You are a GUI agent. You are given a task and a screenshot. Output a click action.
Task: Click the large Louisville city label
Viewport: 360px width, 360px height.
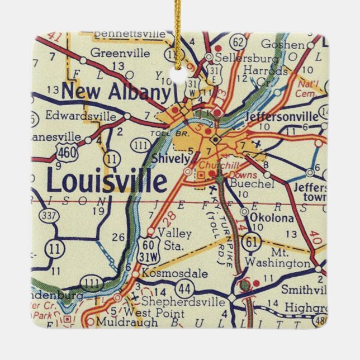point(107,182)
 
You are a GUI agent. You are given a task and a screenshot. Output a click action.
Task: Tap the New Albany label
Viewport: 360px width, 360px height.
point(116,91)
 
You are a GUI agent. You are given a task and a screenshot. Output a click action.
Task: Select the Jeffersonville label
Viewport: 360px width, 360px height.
point(282,117)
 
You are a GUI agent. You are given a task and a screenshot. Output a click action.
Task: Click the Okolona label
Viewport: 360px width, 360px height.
point(272,217)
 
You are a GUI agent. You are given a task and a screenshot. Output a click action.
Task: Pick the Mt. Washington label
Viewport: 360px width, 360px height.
point(277,257)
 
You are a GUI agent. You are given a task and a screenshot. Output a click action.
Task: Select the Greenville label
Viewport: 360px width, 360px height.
point(120,54)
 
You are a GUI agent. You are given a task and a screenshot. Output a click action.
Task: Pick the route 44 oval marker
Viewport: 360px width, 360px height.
point(184,288)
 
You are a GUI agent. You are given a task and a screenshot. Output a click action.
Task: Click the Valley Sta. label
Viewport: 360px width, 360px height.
point(175,238)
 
